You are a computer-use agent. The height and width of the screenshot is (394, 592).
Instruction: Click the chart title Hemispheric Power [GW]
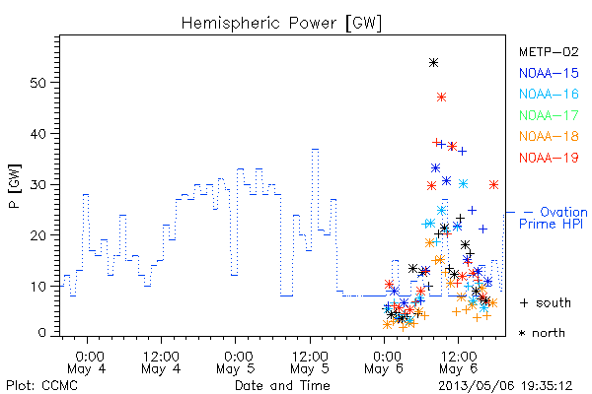click(281, 23)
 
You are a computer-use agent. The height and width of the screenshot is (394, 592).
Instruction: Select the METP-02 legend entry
click(549, 52)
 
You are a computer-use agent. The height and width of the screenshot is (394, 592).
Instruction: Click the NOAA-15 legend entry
click(549, 73)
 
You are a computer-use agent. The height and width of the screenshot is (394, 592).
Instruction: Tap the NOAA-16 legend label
click(549, 94)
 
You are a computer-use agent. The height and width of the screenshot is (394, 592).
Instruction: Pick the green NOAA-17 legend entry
click(549, 115)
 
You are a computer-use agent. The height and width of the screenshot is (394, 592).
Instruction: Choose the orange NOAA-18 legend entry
click(549, 136)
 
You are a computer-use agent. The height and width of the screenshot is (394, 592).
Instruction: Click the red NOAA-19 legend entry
click(549, 158)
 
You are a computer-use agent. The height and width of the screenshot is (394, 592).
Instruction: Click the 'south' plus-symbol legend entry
click(546, 302)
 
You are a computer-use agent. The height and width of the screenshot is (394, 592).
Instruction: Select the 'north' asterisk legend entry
click(542, 333)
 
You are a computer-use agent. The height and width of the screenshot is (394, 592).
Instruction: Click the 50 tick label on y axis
click(37, 83)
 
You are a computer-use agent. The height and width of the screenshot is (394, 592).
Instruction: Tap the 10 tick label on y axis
click(37, 287)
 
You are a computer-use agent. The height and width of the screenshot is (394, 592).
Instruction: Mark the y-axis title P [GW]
click(16, 186)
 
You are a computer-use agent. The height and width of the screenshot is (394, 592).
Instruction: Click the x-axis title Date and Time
click(282, 385)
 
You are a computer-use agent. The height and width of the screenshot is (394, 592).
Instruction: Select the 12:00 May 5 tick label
click(310, 362)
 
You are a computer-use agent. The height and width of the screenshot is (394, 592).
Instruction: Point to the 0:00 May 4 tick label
click(87, 362)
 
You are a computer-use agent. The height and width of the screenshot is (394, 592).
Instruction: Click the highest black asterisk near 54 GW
click(433, 63)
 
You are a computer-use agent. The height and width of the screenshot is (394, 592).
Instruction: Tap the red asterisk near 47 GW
click(441, 98)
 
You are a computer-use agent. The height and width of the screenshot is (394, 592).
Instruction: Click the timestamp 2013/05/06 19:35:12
click(505, 386)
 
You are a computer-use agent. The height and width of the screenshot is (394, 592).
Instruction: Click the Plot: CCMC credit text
click(41, 386)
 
